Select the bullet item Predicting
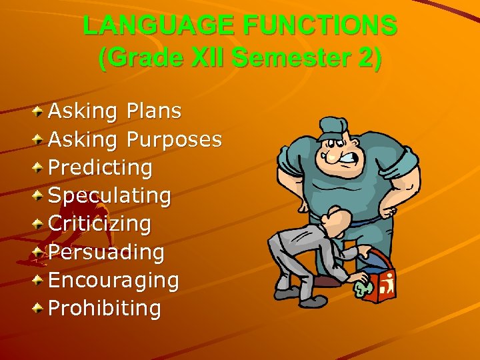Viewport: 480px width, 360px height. (101, 167)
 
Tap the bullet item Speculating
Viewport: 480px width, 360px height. (110, 195)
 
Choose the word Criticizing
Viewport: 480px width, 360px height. (100, 223)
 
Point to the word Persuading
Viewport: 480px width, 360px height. (107, 252)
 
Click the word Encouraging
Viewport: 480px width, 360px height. (114, 280)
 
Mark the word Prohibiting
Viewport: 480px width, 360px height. (105, 308)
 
